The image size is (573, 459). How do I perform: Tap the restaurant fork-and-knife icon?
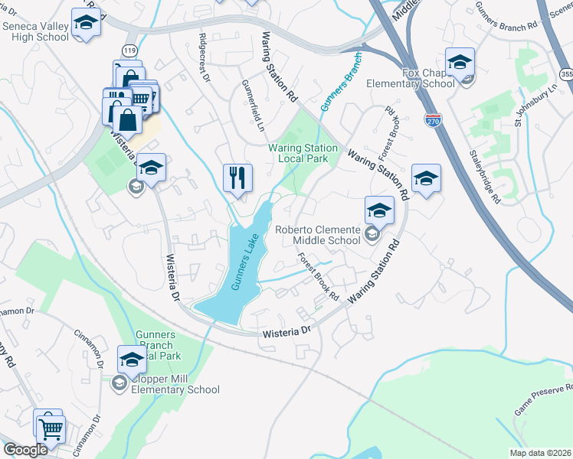237,179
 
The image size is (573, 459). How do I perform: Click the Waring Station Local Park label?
303,153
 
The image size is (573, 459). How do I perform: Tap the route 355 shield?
566,74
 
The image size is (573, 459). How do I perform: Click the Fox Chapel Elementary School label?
410,78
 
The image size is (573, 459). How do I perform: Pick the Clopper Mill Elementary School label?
165,384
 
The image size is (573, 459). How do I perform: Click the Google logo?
25,450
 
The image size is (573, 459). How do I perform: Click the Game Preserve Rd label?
542,400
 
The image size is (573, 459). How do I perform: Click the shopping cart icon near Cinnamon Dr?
51,431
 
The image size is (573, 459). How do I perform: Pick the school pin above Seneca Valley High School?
86,23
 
